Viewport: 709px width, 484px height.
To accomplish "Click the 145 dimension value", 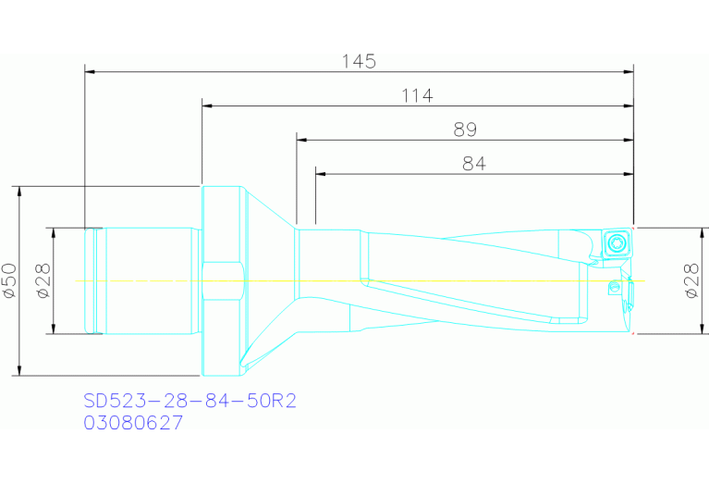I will (359, 61).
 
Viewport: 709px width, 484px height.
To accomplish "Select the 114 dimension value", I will (417, 95).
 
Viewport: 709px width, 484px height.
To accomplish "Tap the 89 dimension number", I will (465, 130).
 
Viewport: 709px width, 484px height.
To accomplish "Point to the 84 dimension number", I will (474, 163).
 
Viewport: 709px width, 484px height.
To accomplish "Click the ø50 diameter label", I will (10, 279).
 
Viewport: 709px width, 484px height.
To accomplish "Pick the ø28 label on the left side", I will (43, 279).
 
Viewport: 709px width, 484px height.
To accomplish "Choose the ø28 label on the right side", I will (692, 279).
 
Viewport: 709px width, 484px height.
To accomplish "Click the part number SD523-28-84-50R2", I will (189, 402).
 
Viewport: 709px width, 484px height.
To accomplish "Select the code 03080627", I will (133, 423).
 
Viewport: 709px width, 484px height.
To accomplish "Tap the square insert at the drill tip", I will (616, 244).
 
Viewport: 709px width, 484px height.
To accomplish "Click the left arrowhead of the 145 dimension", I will (90, 70).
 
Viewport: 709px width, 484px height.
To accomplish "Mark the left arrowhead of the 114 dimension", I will (206, 105).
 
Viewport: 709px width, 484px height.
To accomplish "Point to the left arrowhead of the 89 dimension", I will (301, 139).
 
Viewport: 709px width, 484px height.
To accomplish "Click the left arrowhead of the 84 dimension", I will (321, 173).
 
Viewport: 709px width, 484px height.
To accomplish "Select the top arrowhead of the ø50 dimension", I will (18, 190).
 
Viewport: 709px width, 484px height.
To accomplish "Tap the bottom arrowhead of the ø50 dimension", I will (18, 371).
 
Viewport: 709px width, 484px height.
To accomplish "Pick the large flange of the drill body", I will (223, 280).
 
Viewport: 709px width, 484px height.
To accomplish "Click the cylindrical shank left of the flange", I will (148, 280).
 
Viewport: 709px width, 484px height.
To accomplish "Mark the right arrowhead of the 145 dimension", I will (629, 70).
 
